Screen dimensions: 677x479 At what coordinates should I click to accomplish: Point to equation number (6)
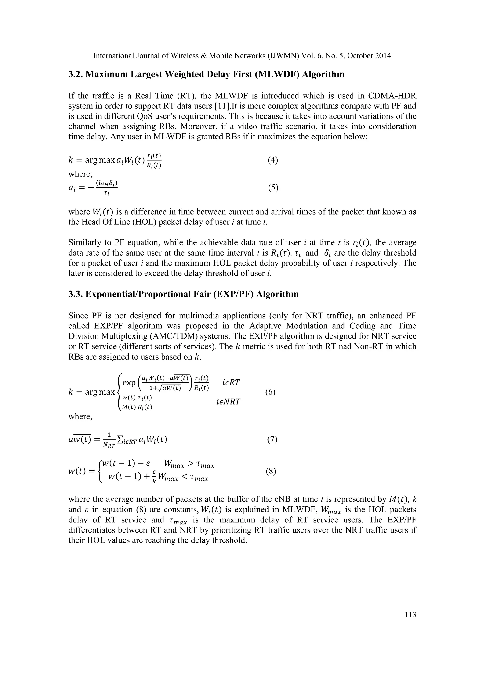270,392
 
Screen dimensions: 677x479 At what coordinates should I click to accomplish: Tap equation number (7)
272,440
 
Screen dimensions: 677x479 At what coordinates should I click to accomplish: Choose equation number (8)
271,471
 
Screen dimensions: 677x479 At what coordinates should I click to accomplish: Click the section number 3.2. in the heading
76,74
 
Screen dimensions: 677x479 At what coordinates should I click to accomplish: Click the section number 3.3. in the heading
76,294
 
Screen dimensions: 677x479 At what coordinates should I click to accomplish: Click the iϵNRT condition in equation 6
228,402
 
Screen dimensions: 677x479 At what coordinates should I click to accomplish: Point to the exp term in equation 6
129,383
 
